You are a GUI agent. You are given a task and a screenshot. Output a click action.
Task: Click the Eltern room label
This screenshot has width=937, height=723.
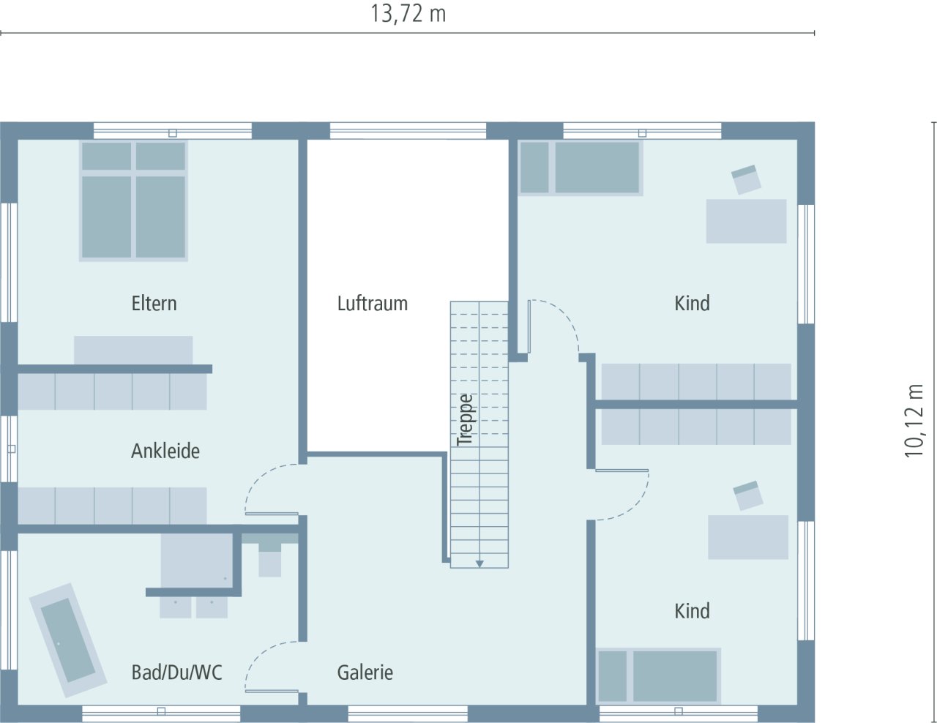(x=154, y=303)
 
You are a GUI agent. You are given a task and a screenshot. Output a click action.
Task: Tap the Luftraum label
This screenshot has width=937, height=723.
(x=372, y=303)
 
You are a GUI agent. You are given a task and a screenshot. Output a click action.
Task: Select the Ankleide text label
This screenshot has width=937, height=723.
(x=165, y=451)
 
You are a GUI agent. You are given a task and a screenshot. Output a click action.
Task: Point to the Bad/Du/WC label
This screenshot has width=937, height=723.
(x=176, y=673)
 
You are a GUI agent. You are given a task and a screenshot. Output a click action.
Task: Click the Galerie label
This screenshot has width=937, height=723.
(x=365, y=673)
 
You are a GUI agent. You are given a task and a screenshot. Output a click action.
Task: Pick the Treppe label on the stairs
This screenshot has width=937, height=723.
(x=465, y=420)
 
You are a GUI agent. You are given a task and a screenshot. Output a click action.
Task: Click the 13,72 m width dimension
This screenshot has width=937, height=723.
(x=408, y=14)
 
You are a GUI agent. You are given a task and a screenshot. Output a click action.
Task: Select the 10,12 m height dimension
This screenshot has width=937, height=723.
(x=915, y=421)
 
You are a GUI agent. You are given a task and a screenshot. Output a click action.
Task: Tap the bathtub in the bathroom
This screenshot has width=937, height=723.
(x=67, y=640)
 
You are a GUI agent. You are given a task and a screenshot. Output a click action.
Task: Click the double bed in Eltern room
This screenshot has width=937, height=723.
(x=133, y=201)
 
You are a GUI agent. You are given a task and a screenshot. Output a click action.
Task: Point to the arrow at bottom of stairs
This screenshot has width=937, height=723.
(x=479, y=563)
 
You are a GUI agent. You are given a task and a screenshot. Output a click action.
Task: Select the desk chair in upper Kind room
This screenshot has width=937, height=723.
(x=746, y=179)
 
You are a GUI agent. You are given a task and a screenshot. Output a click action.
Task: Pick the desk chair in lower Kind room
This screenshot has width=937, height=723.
(x=747, y=495)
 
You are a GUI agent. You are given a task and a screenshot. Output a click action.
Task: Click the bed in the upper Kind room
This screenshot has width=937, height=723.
(x=581, y=168)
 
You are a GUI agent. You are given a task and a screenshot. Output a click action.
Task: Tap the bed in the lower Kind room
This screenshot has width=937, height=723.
(x=658, y=675)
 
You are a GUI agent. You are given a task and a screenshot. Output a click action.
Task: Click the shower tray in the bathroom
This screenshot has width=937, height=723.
(x=196, y=560)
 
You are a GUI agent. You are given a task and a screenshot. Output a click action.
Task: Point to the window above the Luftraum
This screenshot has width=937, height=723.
(x=408, y=131)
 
